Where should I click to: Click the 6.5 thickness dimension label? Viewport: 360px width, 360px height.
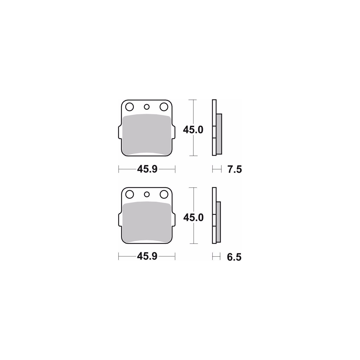[234, 257]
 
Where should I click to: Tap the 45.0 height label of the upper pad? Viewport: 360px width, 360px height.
[193, 130]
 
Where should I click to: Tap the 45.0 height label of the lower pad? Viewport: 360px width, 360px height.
[193, 218]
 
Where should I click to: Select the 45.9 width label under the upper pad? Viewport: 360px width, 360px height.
[147, 169]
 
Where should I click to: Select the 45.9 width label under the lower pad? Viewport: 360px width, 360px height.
[147, 256]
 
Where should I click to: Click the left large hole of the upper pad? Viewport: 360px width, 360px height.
[129, 107]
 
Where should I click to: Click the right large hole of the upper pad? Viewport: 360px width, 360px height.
[164, 107]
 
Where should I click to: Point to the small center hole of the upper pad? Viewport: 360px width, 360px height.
[147, 107]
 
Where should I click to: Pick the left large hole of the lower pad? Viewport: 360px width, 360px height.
[129, 194]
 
